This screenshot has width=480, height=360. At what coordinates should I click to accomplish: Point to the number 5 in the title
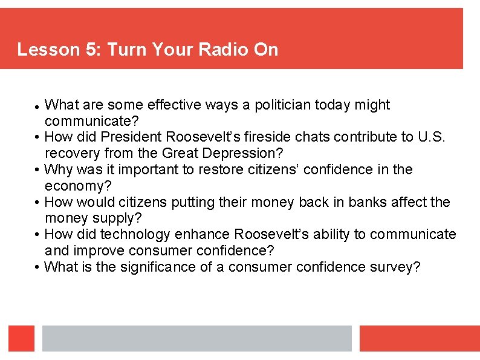click(x=92, y=49)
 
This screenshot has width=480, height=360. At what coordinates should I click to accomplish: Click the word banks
click(x=340, y=202)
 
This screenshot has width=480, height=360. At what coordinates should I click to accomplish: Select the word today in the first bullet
click(x=342, y=105)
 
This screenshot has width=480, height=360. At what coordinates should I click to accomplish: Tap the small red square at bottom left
click(x=21, y=338)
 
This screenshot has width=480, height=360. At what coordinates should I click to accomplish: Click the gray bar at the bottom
click(x=196, y=338)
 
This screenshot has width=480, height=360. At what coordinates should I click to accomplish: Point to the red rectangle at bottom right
click(x=419, y=338)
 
